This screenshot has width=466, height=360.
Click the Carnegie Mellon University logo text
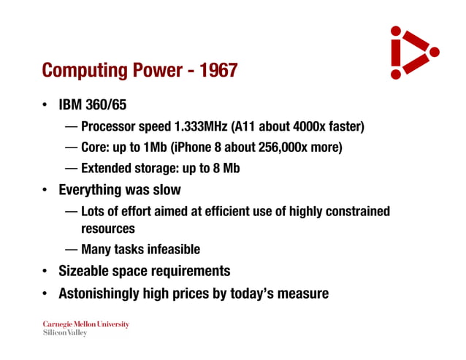[85, 324]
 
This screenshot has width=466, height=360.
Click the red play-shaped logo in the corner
[410, 53]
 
